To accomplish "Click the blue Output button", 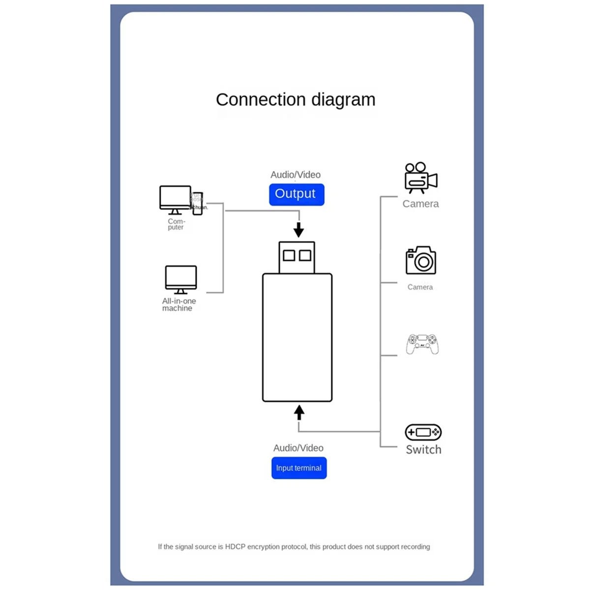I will click(x=296, y=194).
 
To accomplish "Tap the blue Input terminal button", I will click(x=299, y=468).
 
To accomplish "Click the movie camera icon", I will click(x=420, y=178).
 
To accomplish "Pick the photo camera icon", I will click(x=421, y=261).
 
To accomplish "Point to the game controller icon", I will click(x=422, y=344).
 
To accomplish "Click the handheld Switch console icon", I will click(x=423, y=432).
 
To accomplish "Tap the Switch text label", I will click(x=423, y=449).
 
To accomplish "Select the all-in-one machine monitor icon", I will click(x=181, y=279).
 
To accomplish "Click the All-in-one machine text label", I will click(x=179, y=304).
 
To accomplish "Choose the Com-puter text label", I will click(x=176, y=224).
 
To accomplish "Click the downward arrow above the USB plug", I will click(x=298, y=229).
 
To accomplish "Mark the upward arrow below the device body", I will click(x=299, y=412).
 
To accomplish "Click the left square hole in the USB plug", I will click(x=289, y=255).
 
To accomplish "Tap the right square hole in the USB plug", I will click(x=305, y=255).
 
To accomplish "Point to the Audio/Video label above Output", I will click(x=295, y=175).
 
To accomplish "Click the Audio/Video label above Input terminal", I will click(x=298, y=448).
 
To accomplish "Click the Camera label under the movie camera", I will click(x=420, y=204).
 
